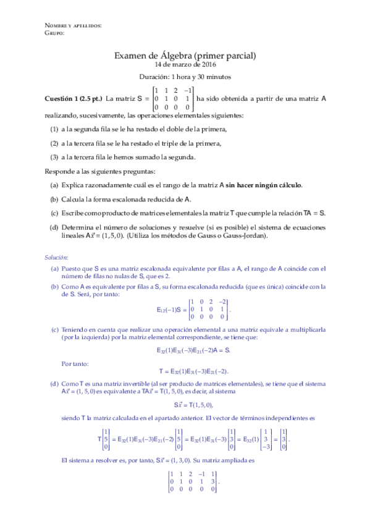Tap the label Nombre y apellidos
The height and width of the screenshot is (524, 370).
73,25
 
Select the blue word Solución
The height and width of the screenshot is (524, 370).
56,256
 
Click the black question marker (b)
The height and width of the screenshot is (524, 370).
54,198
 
